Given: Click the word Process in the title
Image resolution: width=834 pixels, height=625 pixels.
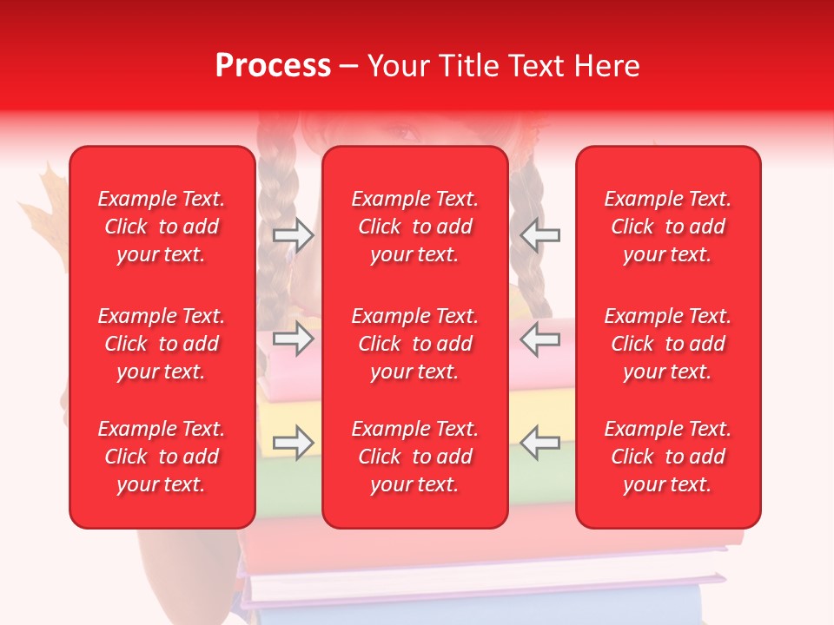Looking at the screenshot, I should (273, 66).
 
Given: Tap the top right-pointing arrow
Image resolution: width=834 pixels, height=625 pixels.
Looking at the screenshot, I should (293, 235).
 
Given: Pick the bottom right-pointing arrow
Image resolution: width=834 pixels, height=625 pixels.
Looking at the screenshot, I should (293, 443).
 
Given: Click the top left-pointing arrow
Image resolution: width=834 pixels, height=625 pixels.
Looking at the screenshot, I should (540, 235).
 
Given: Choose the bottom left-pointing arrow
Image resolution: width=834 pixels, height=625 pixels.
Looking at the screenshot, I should (540, 443).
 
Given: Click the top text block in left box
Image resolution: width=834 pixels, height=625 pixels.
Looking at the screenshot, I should (162, 227).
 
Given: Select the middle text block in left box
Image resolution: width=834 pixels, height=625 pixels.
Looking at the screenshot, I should (162, 344).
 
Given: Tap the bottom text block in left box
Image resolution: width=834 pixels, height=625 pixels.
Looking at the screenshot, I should (162, 457).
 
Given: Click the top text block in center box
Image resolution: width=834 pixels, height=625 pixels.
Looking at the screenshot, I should (415, 227).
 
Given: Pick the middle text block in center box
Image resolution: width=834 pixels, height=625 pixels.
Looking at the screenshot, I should (415, 344).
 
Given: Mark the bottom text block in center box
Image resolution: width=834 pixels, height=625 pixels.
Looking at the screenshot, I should (415, 457).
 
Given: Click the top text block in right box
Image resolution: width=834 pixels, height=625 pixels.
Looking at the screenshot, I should (668, 227).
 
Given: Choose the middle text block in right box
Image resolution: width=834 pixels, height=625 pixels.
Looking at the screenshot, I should (668, 344).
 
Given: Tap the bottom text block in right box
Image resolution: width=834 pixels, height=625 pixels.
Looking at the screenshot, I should (668, 457).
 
